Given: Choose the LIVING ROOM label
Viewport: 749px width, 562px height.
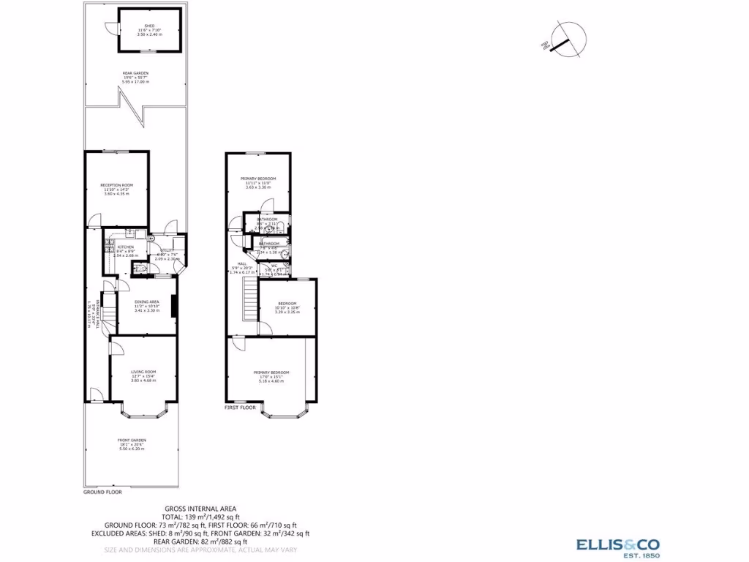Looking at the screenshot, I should (143, 372).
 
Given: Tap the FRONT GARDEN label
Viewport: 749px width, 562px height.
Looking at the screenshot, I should (132, 440).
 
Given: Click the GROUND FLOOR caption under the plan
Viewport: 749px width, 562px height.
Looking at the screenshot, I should (101, 492).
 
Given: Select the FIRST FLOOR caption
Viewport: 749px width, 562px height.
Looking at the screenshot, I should (242, 407).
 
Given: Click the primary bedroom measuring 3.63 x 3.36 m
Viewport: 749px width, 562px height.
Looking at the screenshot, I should (260, 179).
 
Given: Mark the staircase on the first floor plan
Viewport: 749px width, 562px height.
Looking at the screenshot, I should (251, 300).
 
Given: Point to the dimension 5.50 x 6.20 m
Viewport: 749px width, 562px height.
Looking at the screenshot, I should (132, 448).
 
